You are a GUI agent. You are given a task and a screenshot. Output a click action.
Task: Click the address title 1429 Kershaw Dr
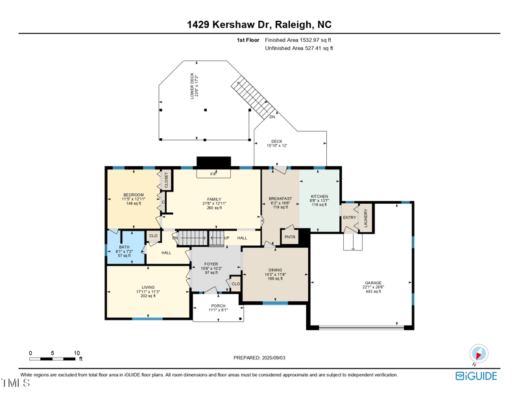click(259, 25)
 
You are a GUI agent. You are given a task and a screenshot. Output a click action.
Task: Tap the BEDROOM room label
click(133, 195)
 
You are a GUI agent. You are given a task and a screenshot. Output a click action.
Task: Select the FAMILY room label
click(214, 199)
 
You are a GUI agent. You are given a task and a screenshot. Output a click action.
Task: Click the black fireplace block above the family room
click(213, 162)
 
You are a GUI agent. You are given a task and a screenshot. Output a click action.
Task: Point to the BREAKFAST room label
click(280, 199)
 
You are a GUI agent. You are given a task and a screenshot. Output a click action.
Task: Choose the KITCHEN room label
click(319, 196)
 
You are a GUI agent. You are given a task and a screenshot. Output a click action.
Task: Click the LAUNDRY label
click(366, 218)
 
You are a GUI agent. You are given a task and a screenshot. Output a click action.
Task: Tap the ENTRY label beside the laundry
click(349, 217)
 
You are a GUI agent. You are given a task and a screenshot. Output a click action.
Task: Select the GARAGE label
click(372, 283)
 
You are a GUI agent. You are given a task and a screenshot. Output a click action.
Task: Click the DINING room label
click(276, 270)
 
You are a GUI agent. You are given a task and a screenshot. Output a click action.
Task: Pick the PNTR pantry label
click(289, 237)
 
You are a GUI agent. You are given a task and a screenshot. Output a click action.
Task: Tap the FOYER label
click(211, 264)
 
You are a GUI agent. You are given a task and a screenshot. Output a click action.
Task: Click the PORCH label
click(218, 306)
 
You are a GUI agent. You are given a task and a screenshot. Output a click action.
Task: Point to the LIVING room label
click(149, 287)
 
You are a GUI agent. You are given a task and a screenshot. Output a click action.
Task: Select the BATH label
click(123, 247)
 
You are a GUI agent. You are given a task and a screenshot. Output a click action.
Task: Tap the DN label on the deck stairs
click(272, 117)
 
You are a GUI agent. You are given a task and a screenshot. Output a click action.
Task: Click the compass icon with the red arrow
click(479, 354)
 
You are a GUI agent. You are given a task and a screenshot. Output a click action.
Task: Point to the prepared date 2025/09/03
click(259, 358)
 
